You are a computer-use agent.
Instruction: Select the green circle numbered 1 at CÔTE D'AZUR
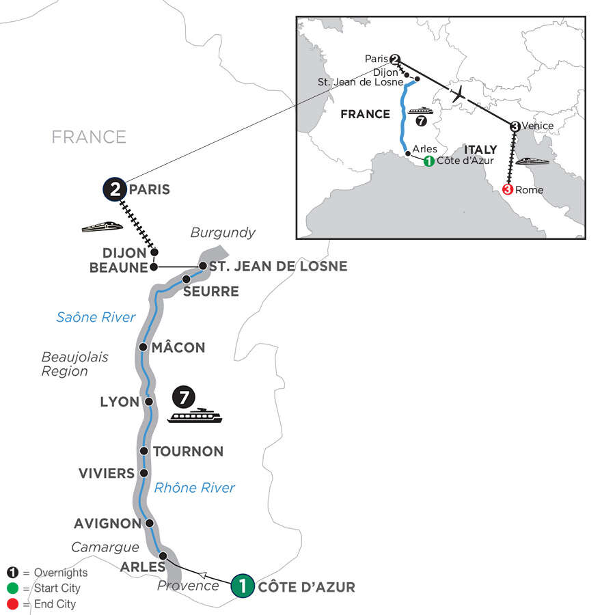[243, 586]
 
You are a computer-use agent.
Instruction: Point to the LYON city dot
[148, 402]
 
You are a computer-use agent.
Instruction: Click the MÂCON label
[179, 347]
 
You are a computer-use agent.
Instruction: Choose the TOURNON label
[188, 451]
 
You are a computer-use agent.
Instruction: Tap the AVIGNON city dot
[148, 523]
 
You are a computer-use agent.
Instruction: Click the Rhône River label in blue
[195, 488]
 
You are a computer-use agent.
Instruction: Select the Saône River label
[96, 316]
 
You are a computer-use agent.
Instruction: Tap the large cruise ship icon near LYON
[196, 415]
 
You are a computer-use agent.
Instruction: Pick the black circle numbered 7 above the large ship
[182, 396]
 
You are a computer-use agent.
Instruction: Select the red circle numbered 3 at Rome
[507, 189]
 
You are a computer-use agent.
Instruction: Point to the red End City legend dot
[12, 604]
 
